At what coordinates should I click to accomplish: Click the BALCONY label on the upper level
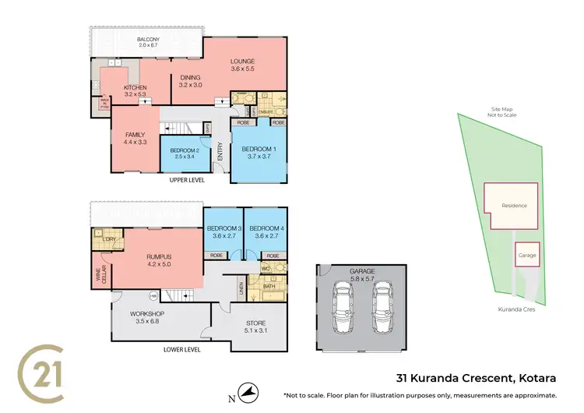[148, 40]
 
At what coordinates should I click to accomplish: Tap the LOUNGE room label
[242, 62]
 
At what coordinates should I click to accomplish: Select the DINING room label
[191, 78]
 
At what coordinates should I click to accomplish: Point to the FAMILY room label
[135, 135]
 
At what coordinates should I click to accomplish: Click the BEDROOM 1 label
[259, 148]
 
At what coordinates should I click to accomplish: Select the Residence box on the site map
[513, 206]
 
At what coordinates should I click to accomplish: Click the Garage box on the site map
[528, 255]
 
